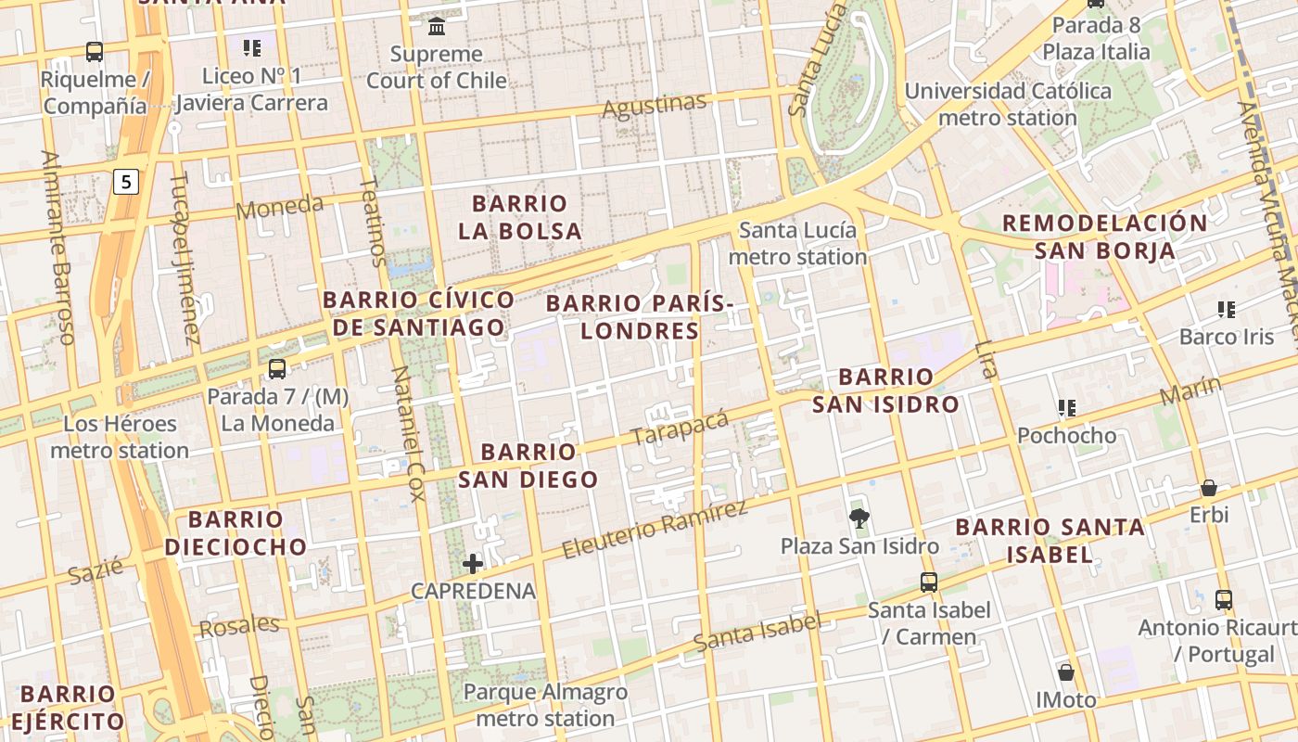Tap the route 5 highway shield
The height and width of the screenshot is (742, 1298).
point(126,181)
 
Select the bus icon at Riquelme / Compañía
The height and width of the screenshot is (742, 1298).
point(94,52)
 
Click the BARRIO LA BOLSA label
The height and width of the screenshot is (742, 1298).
point(519,217)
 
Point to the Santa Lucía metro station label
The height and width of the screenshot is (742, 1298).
point(803,243)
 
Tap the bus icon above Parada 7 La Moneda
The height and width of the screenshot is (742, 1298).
point(276,369)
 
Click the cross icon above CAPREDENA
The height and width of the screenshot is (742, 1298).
point(473,563)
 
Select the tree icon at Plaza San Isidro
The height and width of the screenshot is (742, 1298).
point(859,518)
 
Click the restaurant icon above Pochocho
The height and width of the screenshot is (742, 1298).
point(1066,407)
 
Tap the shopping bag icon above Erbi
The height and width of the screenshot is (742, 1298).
point(1209,488)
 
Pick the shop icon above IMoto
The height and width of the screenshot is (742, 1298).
point(1066,672)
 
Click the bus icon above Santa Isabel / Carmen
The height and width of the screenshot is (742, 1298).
point(929,582)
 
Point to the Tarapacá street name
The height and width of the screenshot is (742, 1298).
point(679,428)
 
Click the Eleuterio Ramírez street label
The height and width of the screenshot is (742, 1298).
point(655,531)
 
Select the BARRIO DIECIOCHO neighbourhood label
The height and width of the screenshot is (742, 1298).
point(235,532)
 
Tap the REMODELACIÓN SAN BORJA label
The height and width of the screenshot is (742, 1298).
point(1104,237)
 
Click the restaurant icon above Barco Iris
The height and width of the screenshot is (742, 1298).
point(1227,309)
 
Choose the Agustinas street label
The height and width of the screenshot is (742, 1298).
point(655,107)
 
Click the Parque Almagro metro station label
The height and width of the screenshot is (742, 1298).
point(545,705)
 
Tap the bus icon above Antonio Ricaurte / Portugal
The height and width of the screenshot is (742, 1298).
point(1224,600)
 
